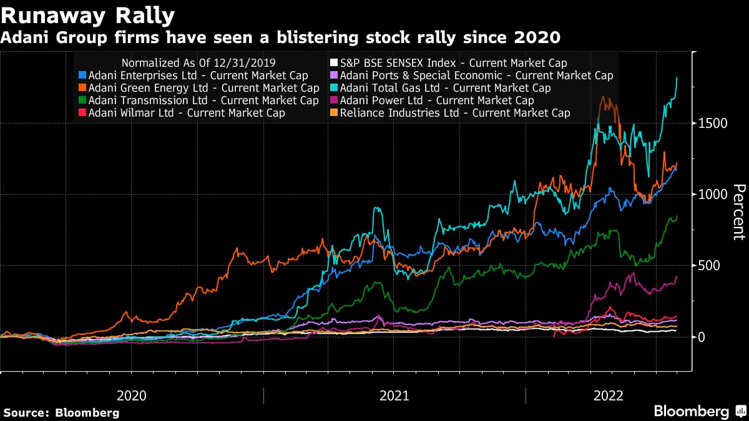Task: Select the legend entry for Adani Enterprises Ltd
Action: [x=197, y=75]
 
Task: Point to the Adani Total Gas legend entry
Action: [x=444, y=88]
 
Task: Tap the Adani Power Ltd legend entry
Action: [x=436, y=100]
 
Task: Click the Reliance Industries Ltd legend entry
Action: [x=454, y=113]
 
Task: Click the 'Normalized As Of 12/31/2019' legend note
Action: [x=198, y=63]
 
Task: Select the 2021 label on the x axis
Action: [x=394, y=395]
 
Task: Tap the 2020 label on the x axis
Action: [x=132, y=395]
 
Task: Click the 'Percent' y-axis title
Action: [x=738, y=212]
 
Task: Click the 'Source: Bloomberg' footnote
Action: [x=61, y=412]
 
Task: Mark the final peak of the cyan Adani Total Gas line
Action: [x=677, y=77]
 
